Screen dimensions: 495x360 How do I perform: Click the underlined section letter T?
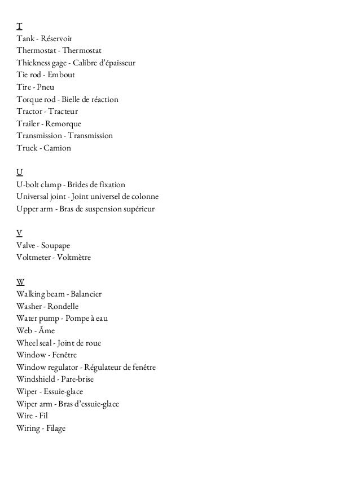[20, 26]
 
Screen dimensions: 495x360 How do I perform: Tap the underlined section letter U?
[20, 172]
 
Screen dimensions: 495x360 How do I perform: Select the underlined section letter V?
[20, 233]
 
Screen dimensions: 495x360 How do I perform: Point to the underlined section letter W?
[21, 282]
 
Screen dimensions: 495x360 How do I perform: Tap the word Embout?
[61, 75]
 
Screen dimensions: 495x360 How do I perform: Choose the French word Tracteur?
[62, 112]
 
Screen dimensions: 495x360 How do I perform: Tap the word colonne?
[144, 197]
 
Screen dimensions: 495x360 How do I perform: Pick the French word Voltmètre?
[73, 258]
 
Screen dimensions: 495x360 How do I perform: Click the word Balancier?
[86, 294]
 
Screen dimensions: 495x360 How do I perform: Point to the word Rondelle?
[63, 307]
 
